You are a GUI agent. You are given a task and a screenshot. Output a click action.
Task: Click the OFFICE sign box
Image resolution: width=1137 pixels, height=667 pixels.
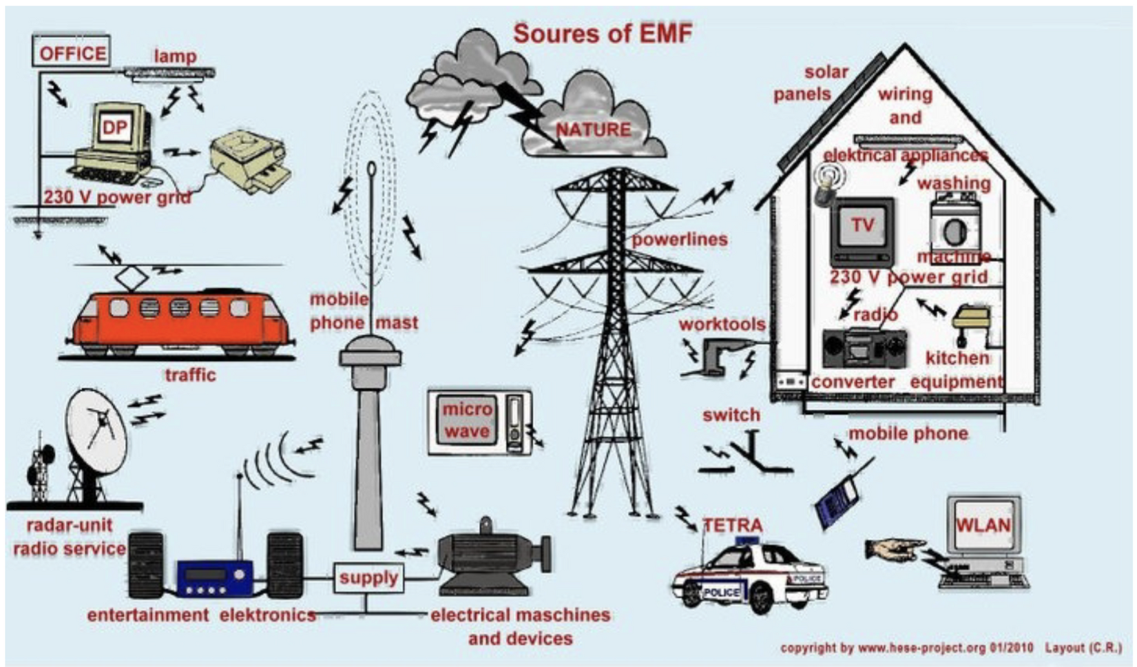tap(72, 52)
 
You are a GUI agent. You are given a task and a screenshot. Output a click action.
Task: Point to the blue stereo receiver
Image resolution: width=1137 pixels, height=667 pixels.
tap(214, 577)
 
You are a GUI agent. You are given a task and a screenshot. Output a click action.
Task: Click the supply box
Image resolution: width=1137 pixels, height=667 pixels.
tap(368, 577)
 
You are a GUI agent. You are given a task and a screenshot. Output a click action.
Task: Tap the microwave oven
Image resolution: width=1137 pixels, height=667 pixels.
tap(479, 422)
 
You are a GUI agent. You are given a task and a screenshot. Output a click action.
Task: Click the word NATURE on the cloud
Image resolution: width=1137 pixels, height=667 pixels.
tap(593, 130)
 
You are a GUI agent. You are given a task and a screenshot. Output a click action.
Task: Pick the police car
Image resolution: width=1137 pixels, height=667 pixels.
tap(749, 575)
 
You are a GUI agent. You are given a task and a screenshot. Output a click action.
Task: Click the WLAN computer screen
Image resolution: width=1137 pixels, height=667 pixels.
tap(983, 525)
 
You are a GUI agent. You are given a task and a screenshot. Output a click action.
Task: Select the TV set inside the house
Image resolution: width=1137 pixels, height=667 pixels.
tap(862, 230)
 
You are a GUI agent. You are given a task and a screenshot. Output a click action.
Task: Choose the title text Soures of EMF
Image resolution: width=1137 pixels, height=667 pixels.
tap(603, 33)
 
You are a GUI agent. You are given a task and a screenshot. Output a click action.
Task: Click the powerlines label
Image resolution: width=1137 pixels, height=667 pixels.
tap(679, 239)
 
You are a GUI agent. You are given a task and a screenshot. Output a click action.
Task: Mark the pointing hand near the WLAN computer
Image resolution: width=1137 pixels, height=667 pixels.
tap(895, 549)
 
